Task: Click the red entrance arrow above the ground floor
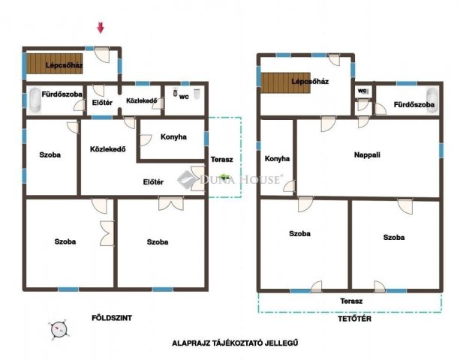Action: [101, 28]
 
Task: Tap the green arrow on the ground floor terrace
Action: [224, 176]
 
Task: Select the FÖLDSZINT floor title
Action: [112, 318]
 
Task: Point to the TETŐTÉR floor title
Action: [354, 318]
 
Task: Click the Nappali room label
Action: [367, 154]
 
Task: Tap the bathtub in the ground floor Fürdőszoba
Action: [35, 100]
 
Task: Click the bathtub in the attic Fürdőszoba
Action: [432, 100]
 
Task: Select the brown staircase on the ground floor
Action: [55, 63]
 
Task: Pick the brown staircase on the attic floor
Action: [285, 82]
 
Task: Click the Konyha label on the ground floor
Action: [173, 137]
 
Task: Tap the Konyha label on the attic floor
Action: [277, 158]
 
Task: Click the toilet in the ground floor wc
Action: [176, 92]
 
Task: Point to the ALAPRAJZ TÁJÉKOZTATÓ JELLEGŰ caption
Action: [235, 343]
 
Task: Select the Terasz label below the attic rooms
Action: [351, 301]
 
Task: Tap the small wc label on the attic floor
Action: [362, 91]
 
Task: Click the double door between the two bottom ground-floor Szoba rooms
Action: [107, 233]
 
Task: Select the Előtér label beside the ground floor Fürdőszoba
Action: [102, 103]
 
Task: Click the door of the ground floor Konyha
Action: [146, 140]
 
